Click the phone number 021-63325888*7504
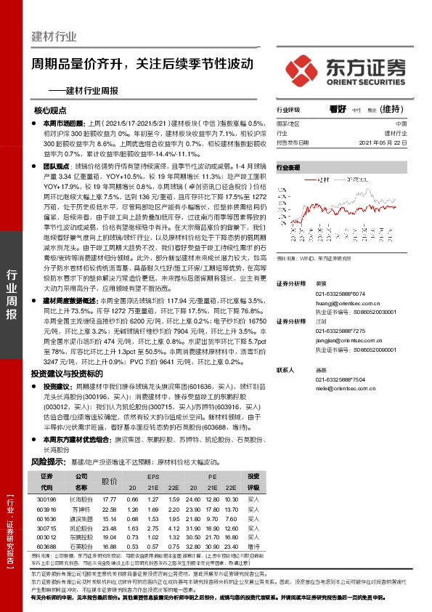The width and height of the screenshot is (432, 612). (x=344, y=380)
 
